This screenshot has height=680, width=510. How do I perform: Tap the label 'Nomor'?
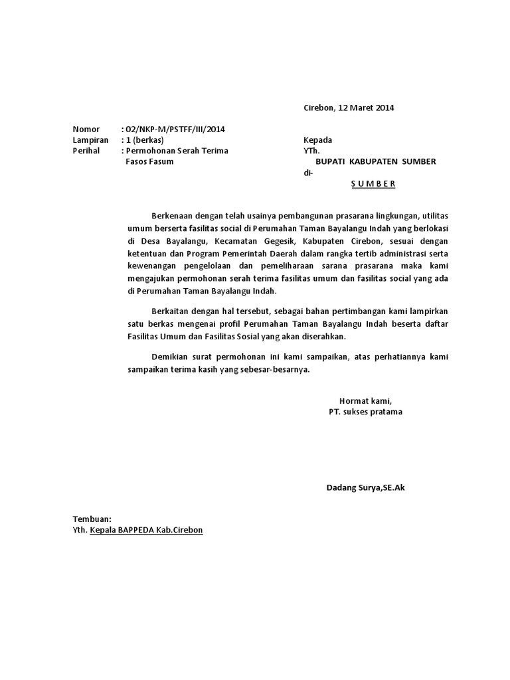click(x=86, y=129)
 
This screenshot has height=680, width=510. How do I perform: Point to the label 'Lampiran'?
click(x=90, y=140)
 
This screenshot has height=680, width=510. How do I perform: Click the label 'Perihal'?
click(x=87, y=151)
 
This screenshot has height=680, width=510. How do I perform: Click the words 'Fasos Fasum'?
click(x=149, y=161)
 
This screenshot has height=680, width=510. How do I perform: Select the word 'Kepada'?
click(x=317, y=140)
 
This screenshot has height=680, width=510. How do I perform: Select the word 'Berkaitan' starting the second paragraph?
click(x=171, y=311)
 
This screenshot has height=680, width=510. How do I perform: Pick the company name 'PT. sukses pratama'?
click(x=365, y=412)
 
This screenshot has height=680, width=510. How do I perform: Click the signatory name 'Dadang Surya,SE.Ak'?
click(x=365, y=488)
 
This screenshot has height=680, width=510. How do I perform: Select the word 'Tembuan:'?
click(x=92, y=519)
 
